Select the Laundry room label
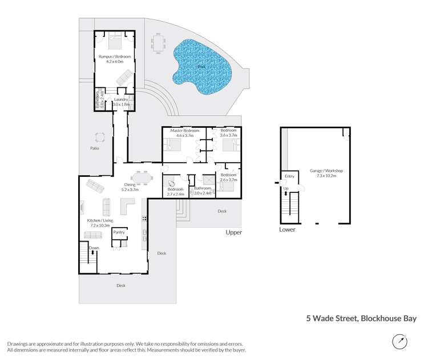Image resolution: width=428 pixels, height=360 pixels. (121, 100)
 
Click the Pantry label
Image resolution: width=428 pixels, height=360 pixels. (119, 232)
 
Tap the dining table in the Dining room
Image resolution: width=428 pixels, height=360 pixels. (142, 177)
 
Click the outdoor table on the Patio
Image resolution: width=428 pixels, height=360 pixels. (100, 137)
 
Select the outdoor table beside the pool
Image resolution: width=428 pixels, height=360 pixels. (158, 43)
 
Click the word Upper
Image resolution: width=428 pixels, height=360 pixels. (234, 232)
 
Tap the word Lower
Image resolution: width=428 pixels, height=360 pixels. (288, 229)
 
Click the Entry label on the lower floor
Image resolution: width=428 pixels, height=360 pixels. (289, 176)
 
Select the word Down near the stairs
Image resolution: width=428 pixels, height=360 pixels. (94, 248)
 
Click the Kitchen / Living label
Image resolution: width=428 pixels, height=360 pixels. (100, 220)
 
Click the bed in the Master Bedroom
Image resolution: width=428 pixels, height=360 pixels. (173, 144)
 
